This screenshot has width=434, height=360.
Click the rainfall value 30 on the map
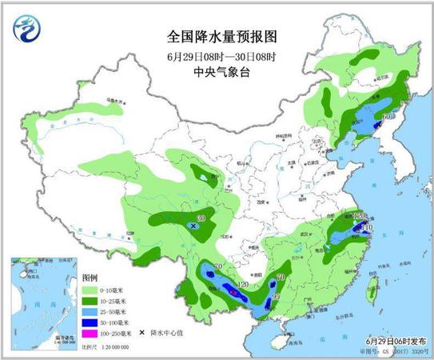pyautogui.click(x=201, y=218)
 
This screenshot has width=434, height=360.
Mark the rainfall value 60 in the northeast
pyautogui.click(x=387, y=118)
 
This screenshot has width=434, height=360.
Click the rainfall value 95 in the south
pyautogui.click(x=277, y=298)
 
